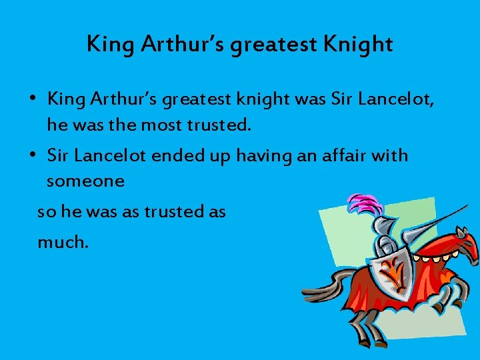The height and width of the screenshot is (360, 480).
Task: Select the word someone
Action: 85,181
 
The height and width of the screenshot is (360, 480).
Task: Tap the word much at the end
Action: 62,242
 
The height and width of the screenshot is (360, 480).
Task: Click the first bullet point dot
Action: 33,100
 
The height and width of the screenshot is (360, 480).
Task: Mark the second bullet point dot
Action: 33,156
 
